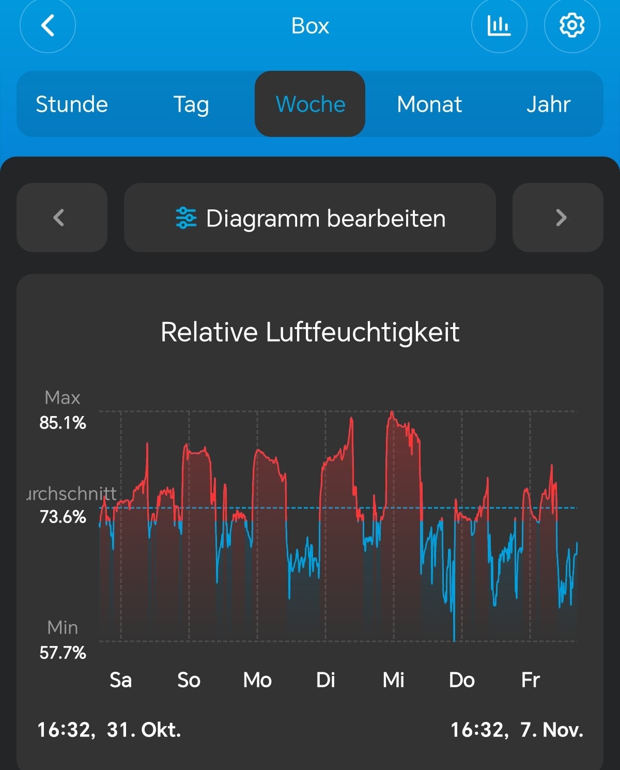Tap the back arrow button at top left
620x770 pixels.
click(x=48, y=25)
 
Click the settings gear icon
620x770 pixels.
click(x=572, y=25)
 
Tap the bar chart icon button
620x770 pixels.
click(x=499, y=25)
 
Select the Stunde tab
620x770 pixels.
click(x=72, y=104)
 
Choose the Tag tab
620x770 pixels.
click(x=191, y=104)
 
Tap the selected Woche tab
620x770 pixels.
click(x=310, y=104)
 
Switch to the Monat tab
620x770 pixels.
click(x=429, y=104)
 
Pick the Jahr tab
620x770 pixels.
click(x=548, y=104)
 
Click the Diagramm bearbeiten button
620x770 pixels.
click(x=310, y=218)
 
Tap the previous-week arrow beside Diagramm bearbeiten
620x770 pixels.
click(x=61, y=218)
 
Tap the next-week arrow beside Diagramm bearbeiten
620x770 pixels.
click(x=558, y=218)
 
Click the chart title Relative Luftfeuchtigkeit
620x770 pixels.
click(x=310, y=332)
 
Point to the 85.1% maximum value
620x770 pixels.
click(x=63, y=423)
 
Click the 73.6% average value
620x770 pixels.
click(x=63, y=517)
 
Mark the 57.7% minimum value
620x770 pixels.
click(x=63, y=653)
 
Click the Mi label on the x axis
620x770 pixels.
click(x=393, y=680)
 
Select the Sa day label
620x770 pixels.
click(x=120, y=680)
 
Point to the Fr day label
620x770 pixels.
click(x=530, y=680)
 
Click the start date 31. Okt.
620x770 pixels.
click(x=144, y=730)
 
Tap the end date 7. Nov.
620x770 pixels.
click(x=551, y=730)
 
